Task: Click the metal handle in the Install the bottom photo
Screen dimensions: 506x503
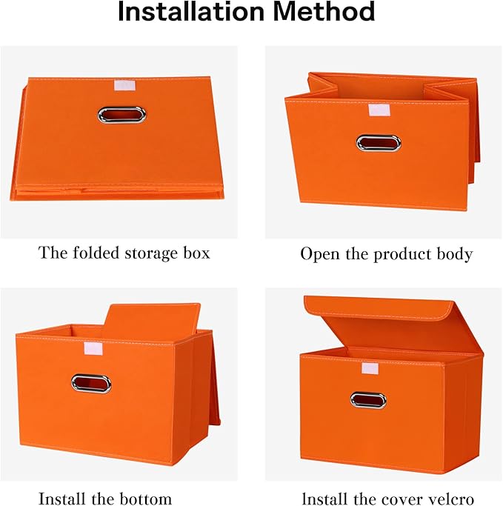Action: click(91, 384)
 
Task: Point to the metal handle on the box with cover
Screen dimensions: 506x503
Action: click(368, 400)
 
